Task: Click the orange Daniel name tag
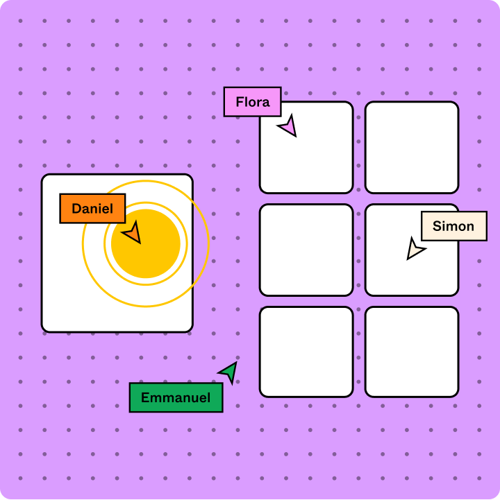pos(92,209)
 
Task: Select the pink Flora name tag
pos(252,102)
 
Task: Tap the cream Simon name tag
pos(453,226)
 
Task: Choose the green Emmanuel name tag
pos(176,397)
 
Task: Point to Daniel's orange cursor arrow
pos(133,233)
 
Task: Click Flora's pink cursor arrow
pos(288,126)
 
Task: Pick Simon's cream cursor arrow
pos(415,248)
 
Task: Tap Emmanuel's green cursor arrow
pos(229,372)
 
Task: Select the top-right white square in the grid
pos(412,147)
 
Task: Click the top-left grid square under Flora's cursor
pos(316,160)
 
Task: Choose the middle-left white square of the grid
pos(306,250)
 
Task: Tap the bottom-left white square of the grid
pos(306,352)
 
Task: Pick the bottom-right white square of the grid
pos(412,352)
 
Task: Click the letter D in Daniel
pos(76,209)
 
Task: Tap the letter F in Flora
pos(240,103)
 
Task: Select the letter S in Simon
pos(437,226)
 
